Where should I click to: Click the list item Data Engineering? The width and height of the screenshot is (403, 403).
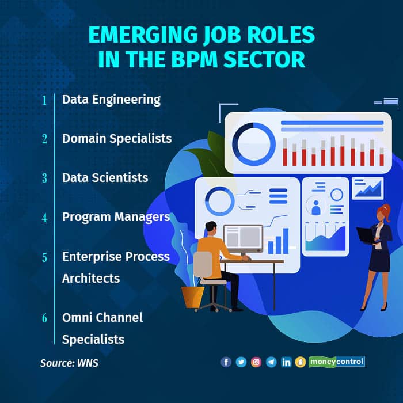click(x=111, y=100)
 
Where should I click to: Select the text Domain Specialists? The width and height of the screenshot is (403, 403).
click(x=117, y=139)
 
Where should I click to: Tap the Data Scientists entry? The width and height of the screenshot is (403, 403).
click(x=105, y=177)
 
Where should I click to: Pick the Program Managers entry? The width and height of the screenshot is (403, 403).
click(x=116, y=217)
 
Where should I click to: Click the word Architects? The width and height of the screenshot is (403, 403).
click(x=91, y=278)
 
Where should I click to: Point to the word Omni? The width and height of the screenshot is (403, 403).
click(x=77, y=317)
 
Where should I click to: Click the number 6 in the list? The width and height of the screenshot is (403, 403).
click(x=44, y=318)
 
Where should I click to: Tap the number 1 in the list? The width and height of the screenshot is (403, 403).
click(x=44, y=100)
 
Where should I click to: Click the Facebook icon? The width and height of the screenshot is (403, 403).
click(x=226, y=362)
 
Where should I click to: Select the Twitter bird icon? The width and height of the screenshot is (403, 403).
click(x=241, y=362)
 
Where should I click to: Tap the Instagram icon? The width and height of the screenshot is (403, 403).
click(x=256, y=362)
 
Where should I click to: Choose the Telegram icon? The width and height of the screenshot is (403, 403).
click(x=271, y=362)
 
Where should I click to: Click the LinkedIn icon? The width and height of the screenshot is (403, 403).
click(x=286, y=362)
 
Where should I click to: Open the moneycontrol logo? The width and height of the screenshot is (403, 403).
click(x=337, y=362)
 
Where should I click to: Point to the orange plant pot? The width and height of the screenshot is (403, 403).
click(x=193, y=297)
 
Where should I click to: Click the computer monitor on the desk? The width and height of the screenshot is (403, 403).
click(x=243, y=238)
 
